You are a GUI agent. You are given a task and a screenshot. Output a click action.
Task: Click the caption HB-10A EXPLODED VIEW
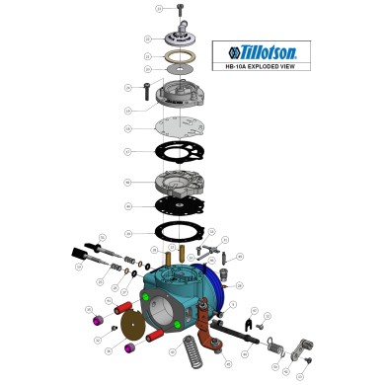[x=255, y=68]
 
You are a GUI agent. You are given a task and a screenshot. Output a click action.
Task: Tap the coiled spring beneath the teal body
[x=191, y=348]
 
